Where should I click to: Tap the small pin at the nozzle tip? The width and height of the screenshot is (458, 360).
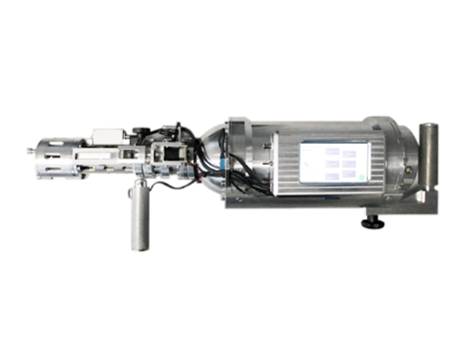[x=29, y=153]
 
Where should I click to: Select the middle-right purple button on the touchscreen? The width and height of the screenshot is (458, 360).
[x=349, y=165]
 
